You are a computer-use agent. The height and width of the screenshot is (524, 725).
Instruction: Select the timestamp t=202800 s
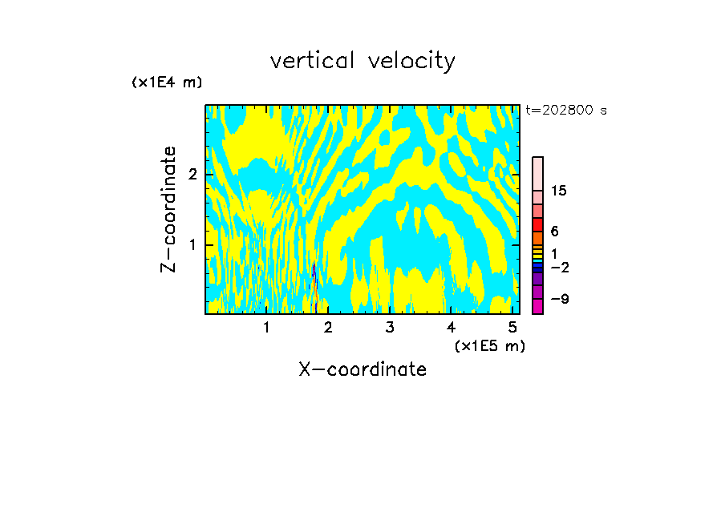pyautogui.click(x=566, y=111)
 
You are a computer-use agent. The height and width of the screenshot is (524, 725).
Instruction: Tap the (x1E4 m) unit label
pyautogui.click(x=167, y=83)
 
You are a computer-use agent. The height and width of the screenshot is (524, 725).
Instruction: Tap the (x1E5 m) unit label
pyautogui.click(x=489, y=346)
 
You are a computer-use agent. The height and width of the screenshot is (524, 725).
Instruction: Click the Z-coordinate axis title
pyautogui.click(x=168, y=209)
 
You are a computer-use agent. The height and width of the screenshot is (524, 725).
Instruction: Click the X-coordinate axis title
pyautogui.click(x=362, y=369)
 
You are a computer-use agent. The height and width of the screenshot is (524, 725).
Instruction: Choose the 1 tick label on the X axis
pyautogui.click(x=266, y=328)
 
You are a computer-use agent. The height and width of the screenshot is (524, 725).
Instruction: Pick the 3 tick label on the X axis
pyautogui.click(x=390, y=328)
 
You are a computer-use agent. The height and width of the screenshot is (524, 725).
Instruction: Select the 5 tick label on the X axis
pyautogui.click(x=512, y=328)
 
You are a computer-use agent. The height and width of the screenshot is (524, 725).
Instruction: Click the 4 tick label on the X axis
pyautogui.click(x=451, y=328)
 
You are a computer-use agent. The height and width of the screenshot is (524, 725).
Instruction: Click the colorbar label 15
pyautogui.click(x=560, y=191)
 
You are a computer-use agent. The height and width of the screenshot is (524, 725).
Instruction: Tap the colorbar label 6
pyautogui.click(x=555, y=232)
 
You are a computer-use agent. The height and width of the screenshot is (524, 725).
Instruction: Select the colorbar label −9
pyautogui.click(x=560, y=299)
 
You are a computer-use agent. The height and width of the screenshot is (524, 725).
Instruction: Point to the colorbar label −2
pyautogui.click(x=560, y=267)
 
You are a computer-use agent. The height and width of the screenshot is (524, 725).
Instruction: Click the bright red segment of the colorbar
pyautogui.click(x=537, y=224)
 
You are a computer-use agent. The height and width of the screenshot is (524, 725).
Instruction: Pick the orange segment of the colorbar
pyautogui.click(x=537, y=238)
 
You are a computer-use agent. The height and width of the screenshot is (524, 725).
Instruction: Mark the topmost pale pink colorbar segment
pyautogui.click(x=537, y=173)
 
